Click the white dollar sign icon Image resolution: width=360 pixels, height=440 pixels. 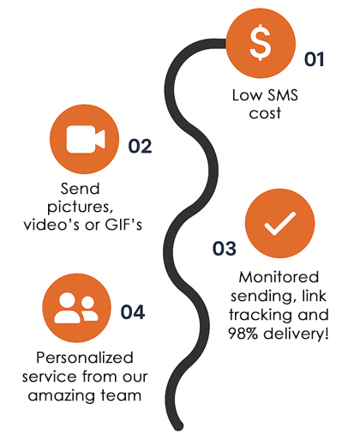click(261, 42)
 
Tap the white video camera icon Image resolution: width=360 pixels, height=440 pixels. click(86, 139)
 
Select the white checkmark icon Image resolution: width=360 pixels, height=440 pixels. click(280, 224)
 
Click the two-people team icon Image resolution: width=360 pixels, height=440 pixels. click(76, 308)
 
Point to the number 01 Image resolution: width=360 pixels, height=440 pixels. click(314, 59)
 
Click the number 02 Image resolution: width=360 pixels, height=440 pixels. click(140, 147)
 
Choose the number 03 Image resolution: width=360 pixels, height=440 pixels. click(225, 248)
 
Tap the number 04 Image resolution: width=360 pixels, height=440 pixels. click(133, 312)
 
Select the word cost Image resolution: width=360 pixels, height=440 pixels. click(265, 113)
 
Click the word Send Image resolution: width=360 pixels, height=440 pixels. click(81, 189)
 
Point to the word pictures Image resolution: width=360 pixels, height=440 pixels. click(81, 207)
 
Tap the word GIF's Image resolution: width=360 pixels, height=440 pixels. click(123, 225)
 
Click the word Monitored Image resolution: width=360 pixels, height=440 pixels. click(279, 277)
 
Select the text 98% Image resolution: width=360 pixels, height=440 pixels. click(243, 334)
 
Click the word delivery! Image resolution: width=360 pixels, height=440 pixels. click(296, 334)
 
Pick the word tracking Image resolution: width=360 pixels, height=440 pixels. click(261, 315)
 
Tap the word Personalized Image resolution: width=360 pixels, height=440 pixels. click(85, 358)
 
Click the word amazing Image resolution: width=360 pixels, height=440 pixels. click(62, 396)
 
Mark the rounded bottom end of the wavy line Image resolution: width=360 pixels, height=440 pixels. click(178, 426)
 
